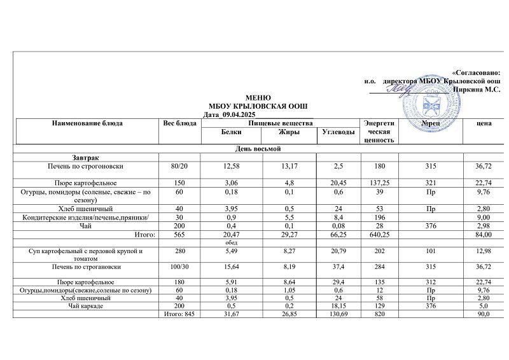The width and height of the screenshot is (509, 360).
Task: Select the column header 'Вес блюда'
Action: [x=180, y=122]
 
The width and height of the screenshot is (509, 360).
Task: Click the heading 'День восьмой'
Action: [x=254, y=148]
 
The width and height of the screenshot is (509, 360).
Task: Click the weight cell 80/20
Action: [x=180, y=167]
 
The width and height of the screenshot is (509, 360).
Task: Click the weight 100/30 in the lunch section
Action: [x=180, y=267]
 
